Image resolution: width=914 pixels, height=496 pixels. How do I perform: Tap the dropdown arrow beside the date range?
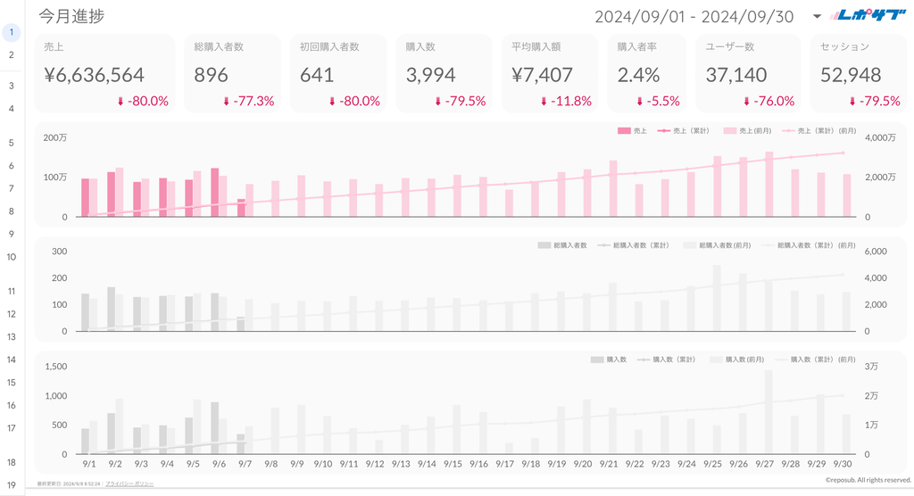point(818,17)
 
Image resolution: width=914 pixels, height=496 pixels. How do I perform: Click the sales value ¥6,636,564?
point(94,76)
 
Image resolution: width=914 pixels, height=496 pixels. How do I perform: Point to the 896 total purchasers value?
point(212,76)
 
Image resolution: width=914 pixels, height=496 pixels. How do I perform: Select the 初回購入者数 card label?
point(329,46)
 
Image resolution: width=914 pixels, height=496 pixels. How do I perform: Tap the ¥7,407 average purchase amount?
point(542,76)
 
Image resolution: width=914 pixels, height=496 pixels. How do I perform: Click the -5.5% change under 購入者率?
point(657,102)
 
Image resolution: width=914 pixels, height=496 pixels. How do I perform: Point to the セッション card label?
point(844,46)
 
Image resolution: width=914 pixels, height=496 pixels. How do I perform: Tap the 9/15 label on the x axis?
point(453,465)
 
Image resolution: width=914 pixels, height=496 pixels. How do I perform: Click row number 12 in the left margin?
point(11,314)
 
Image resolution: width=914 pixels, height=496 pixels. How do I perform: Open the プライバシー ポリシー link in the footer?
point(129,484)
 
